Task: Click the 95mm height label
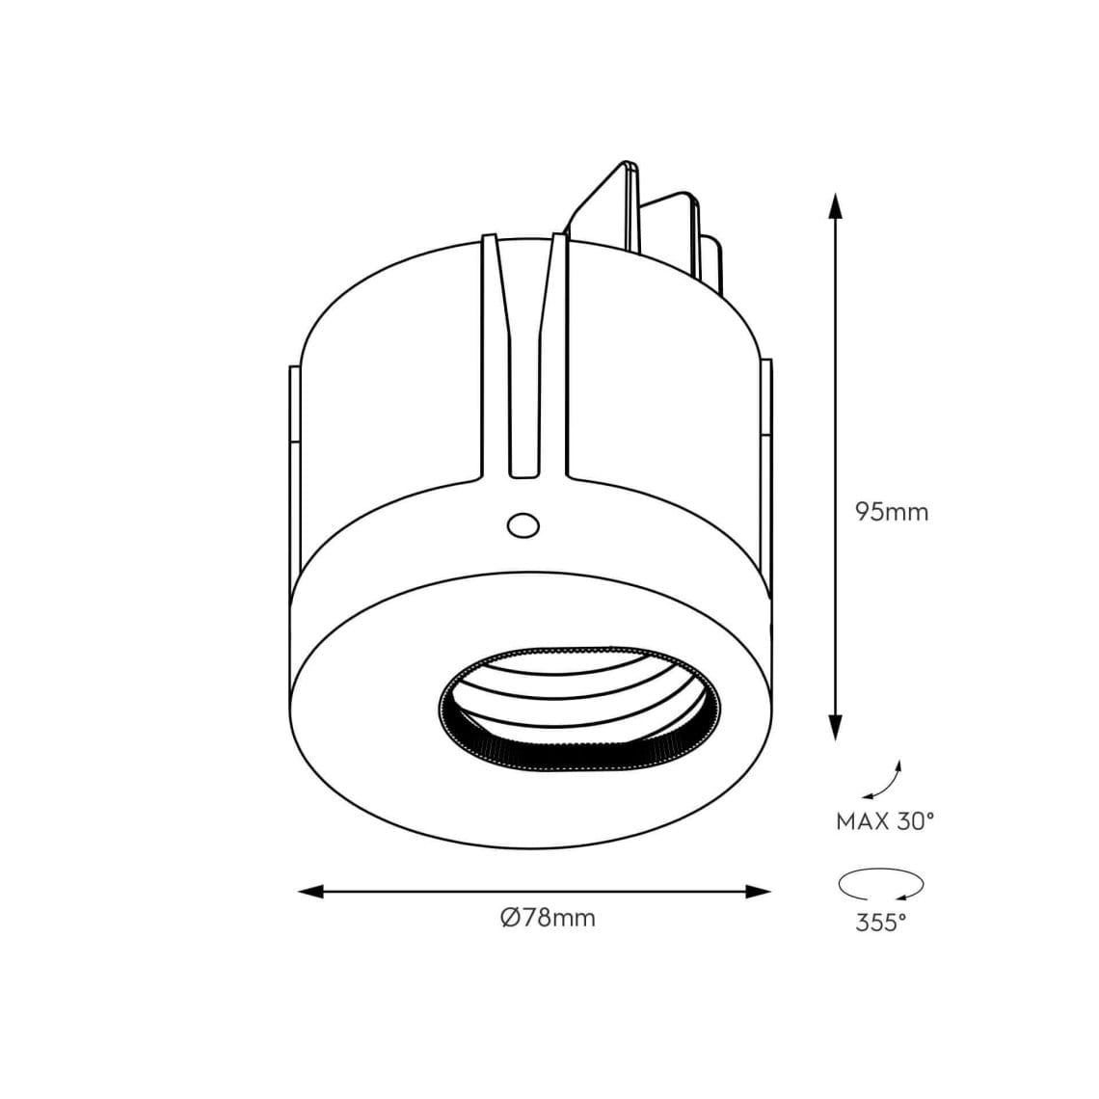coord(892,512)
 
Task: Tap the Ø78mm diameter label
coord(549,917)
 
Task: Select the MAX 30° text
coord(884,822)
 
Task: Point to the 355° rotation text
coord(881,923)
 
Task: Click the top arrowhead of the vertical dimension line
coord(836,205)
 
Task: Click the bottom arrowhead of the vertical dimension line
coord(836,727)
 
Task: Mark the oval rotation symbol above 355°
coord(881,883)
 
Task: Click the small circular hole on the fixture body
coord(523,525)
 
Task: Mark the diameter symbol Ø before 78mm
coord(511,917)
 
